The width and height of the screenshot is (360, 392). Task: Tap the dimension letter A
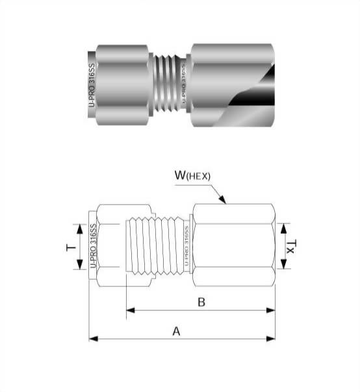click(x=175, y=331)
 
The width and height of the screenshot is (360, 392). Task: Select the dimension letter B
click(x=201, y=302)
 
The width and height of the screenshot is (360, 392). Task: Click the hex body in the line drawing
click(x=234, y=247)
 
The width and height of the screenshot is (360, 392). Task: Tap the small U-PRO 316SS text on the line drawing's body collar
click(x=186, y=247)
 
